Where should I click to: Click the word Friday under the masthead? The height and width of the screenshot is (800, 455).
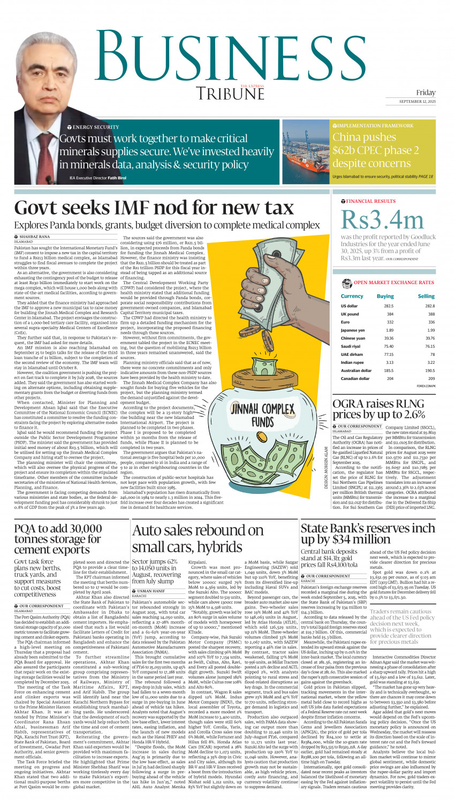(x=426, y=93)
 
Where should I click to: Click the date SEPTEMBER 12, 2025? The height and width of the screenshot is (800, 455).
(x=417, y=102)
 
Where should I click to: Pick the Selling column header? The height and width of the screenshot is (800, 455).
(x=426, y=295)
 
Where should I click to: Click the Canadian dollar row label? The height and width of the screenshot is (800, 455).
(x=355, y=378)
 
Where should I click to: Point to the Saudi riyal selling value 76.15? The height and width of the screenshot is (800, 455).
(x=430, y=346)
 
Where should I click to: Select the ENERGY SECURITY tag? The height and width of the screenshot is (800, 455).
(x=96, y=127)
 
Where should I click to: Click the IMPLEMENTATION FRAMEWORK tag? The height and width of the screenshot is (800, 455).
(x=375, y=126)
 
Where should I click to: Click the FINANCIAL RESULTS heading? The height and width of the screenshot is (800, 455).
(x=371, y=201)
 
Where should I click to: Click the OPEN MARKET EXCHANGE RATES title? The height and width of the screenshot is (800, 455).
(x=393, y=282)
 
